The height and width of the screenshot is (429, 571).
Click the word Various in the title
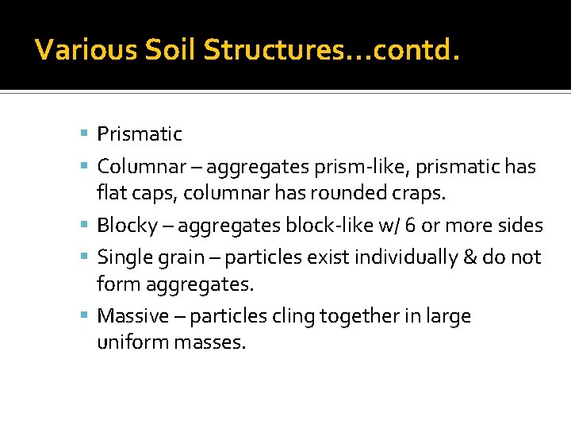tap(75, 51)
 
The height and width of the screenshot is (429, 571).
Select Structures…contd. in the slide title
tap(331, 51)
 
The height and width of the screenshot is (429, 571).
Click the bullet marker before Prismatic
tap(85, 133)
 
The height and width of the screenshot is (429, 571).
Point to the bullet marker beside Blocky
tap(85, 226)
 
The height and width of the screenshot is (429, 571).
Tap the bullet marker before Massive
tap(85, 316)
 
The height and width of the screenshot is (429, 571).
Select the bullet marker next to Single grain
tap(85, 257)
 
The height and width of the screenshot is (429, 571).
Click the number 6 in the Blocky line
tap(410, 226)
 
